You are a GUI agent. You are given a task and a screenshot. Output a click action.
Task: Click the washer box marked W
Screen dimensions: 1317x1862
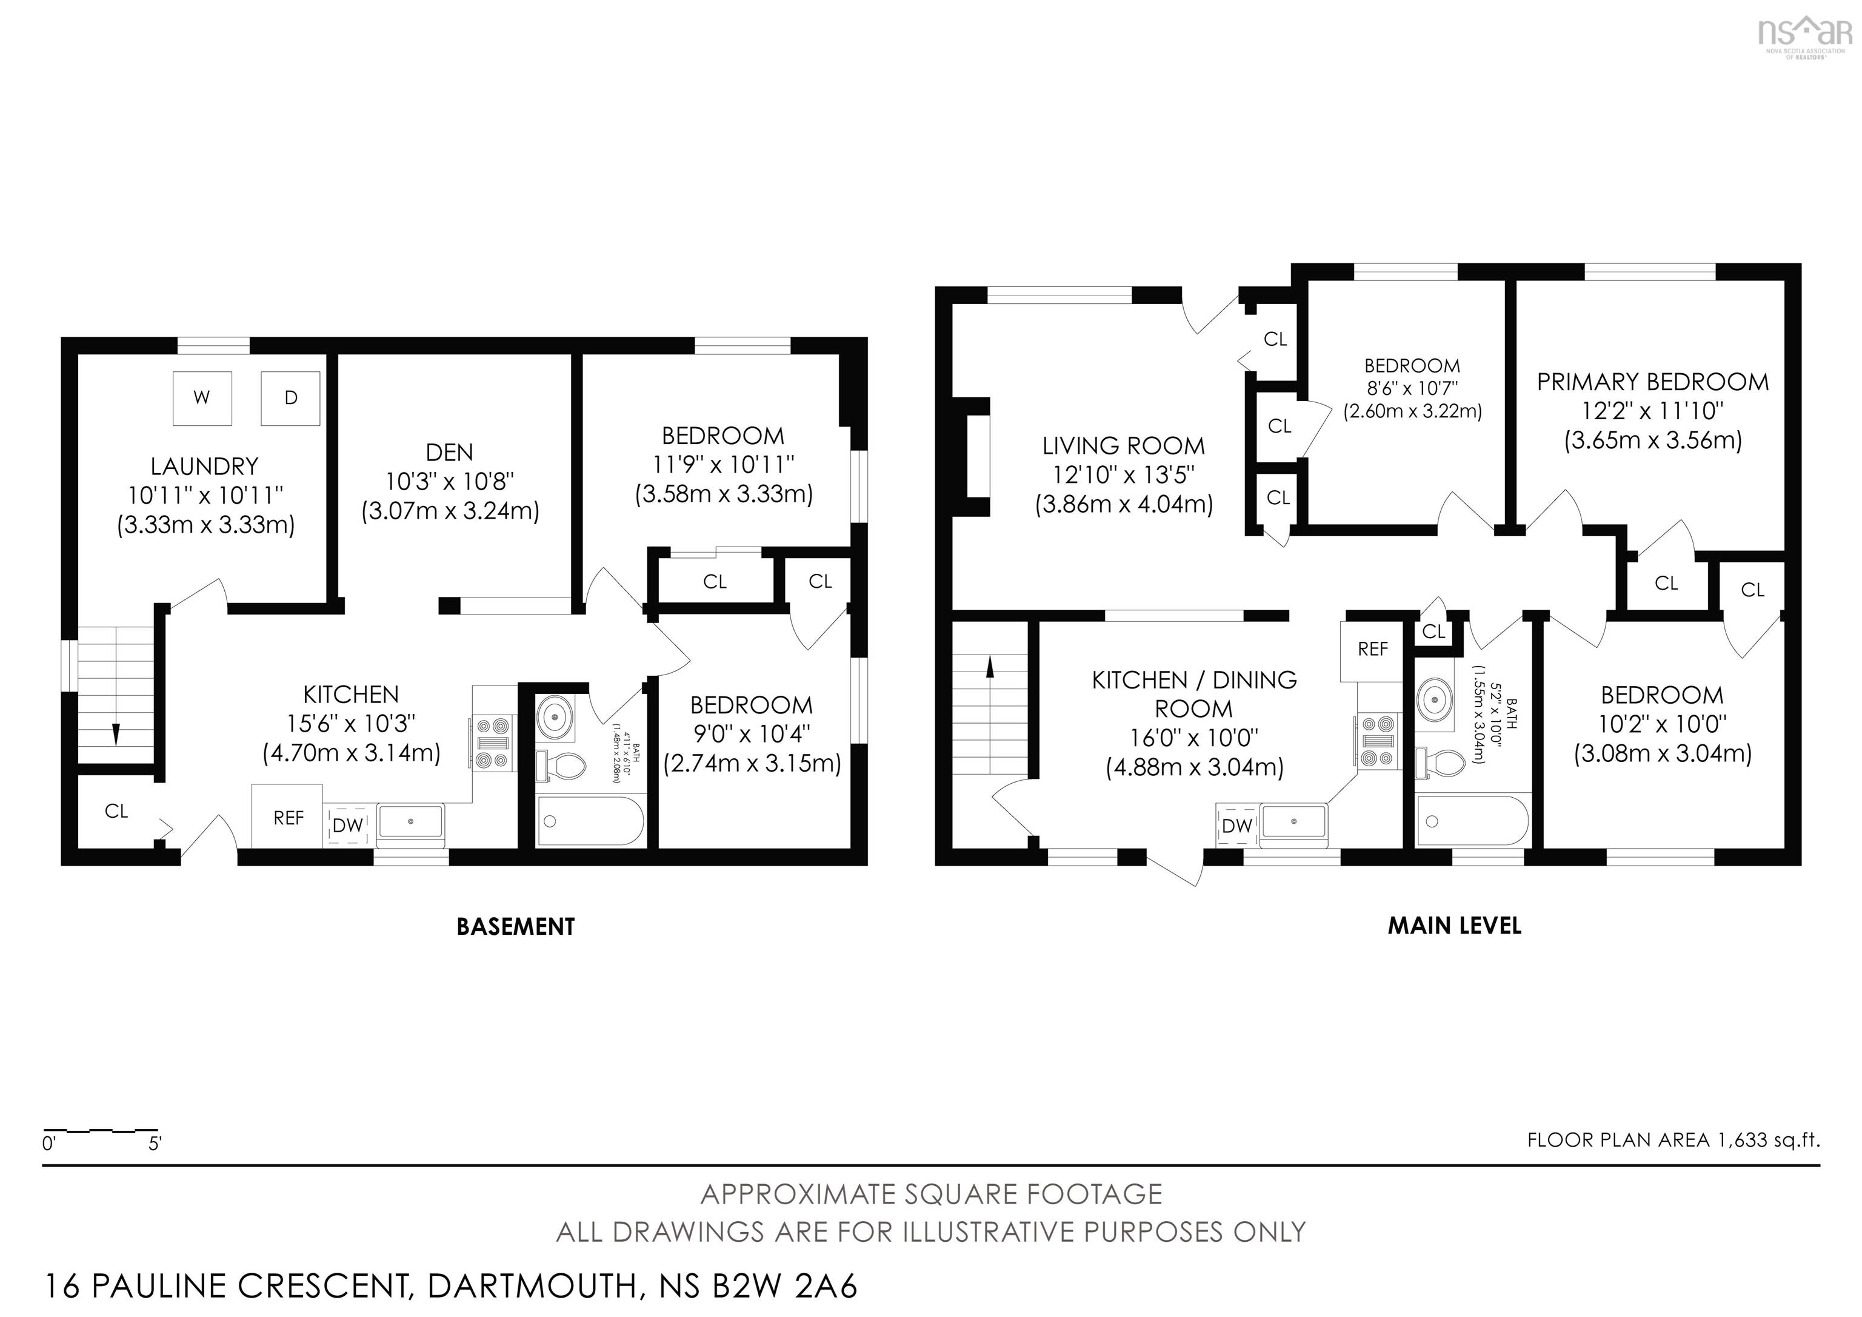(202, 397)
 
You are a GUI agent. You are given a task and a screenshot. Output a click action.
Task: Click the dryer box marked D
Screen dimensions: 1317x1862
(290, 397)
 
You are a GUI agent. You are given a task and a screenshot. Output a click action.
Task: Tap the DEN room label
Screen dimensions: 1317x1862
(449, 452)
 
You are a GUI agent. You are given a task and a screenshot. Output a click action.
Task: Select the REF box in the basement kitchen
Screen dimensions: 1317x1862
(287, 817)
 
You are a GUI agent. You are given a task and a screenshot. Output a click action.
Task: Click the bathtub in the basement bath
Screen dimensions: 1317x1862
(590, 821)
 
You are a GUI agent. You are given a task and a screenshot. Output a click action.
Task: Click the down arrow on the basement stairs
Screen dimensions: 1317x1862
(116, 732)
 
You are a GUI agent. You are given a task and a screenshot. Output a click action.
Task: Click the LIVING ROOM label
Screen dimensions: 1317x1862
(1123, 445)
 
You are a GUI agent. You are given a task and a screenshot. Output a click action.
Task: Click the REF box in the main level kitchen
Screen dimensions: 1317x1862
(1372, 649)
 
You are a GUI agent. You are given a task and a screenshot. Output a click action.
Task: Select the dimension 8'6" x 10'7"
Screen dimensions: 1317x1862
(1412, 388)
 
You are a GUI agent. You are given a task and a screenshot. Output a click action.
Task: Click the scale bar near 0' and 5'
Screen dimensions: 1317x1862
(101, 1130)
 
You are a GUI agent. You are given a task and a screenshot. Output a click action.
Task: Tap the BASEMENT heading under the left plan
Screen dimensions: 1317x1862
(516, 927)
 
